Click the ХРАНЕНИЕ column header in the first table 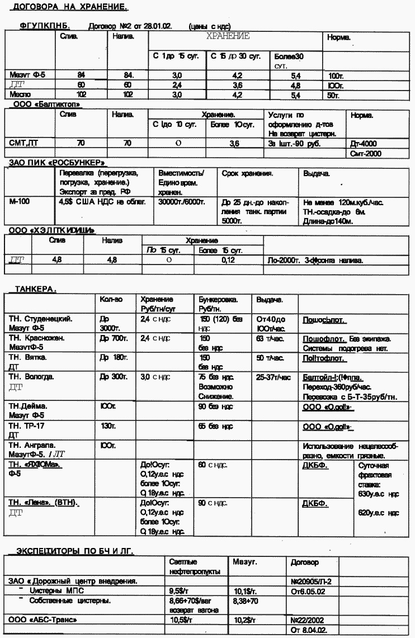tap(228, 36)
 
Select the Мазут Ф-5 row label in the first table tap(22, 74)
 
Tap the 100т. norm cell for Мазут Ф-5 tap(337, 75)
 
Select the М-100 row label tap(20, 201)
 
